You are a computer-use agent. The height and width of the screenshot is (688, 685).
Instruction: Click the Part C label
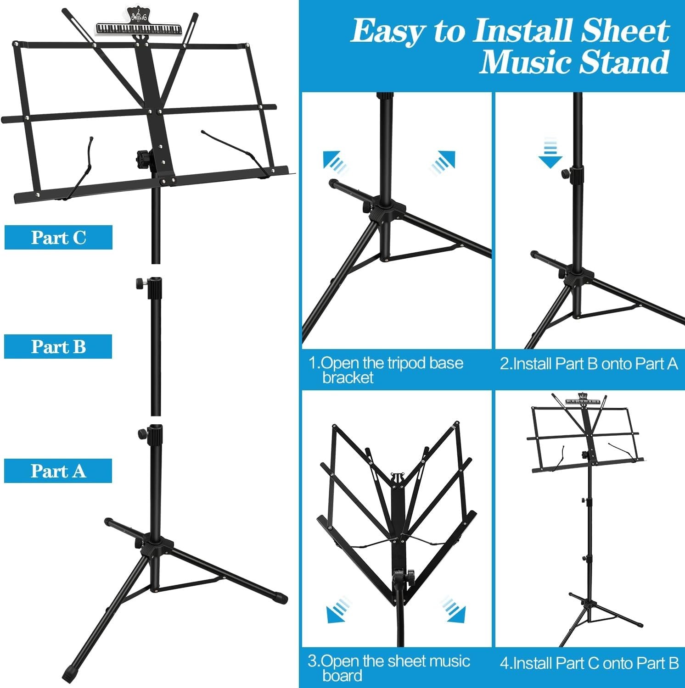[x=58, y=238]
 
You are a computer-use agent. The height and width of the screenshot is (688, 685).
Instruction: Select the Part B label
[x=58, y=347]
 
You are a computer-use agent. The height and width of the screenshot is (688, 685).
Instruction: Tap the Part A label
[x=58, y=471]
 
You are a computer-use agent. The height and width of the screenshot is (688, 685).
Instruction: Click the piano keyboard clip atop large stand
[x=140, y=28]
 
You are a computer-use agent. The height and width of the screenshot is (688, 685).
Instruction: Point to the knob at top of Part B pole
[x=139, y=284]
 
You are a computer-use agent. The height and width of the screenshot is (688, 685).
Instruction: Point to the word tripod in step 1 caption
[x=401, y=363]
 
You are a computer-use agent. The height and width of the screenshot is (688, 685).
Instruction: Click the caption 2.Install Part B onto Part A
[x=589, y=364]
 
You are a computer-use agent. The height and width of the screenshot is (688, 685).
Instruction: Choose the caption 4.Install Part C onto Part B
[x=589, y=663]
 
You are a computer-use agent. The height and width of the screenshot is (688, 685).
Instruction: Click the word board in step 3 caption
[x=342, y=676]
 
